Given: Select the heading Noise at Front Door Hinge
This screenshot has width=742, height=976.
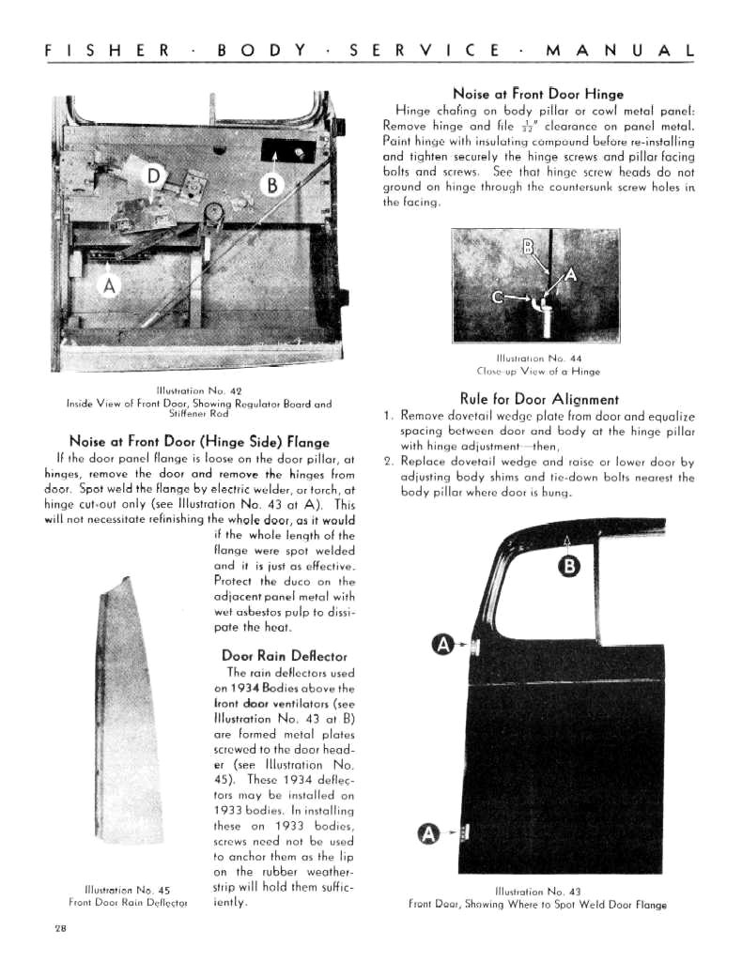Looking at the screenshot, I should tap(537, 94).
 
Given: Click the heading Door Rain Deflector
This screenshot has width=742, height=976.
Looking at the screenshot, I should tap(284, 655).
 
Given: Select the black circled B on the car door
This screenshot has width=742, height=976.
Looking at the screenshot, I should tap(569, 566).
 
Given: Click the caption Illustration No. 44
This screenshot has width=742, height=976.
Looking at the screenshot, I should tap(537, 357).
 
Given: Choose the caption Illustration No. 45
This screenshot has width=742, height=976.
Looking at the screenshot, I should tap(131, 890).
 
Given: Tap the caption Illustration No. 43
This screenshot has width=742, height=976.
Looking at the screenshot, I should tap(537, 892).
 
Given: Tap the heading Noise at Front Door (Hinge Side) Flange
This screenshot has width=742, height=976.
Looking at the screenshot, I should tap(199, 441).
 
